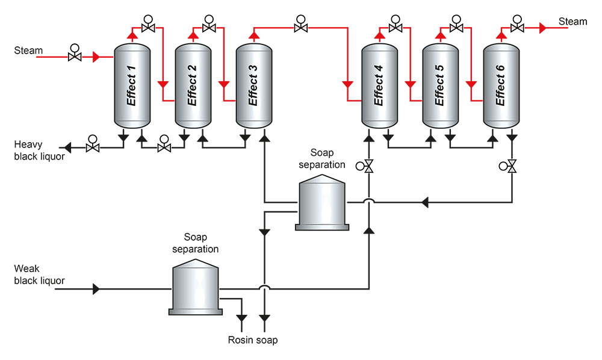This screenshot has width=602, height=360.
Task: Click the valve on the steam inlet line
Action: [75, 57]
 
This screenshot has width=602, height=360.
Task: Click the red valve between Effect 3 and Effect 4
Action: [300, 28]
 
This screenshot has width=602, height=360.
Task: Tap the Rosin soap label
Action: [253, 340]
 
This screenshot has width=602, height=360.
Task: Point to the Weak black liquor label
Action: [39, 275]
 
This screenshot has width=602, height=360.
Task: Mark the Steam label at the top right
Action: [573, 22]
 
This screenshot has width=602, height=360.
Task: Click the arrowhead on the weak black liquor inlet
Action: [96, 289]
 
